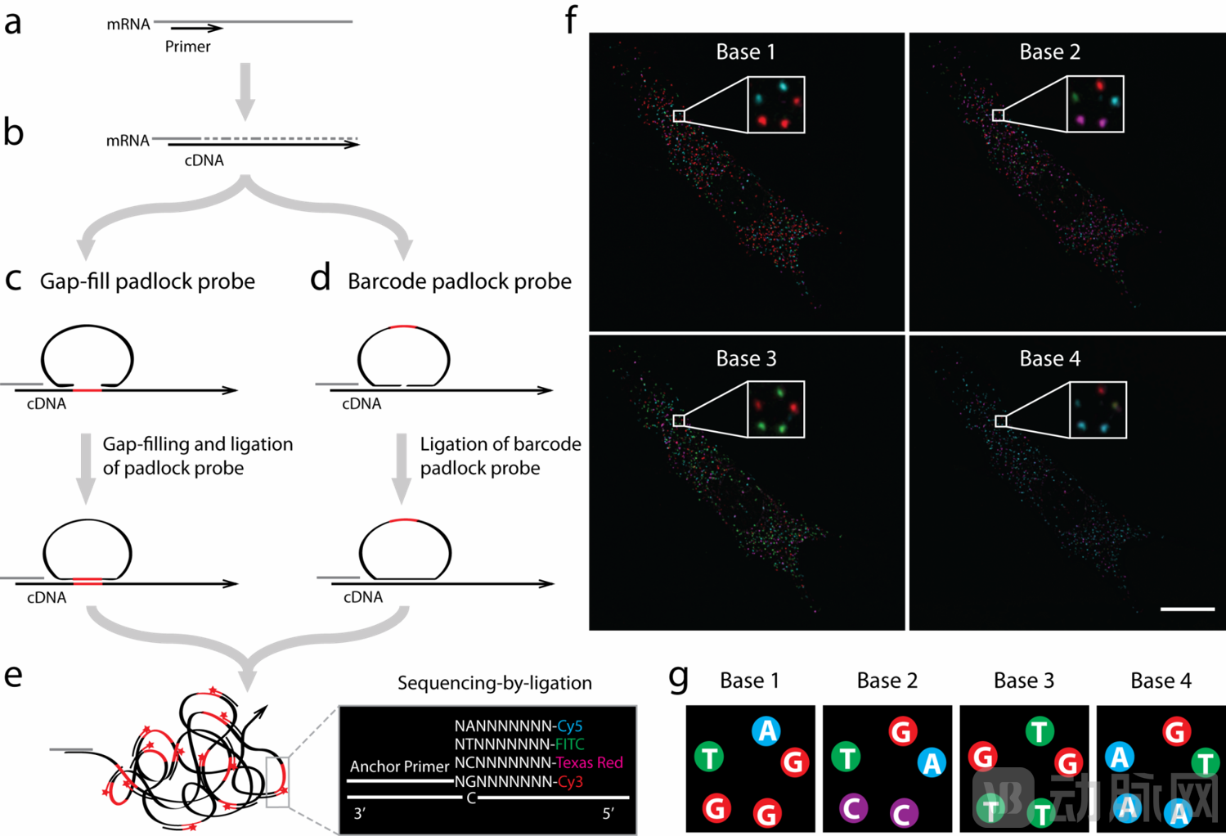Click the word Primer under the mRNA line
[x=187, y=47]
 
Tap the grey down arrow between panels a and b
[x=245, y=91]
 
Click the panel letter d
[x=320, y=279]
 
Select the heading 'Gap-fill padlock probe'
[x=147, y=281]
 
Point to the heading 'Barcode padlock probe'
[x=459, y=281]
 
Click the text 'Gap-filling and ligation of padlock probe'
[x=197, y=456]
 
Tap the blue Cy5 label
[x=569, y=726]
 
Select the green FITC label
[x=569, y=744]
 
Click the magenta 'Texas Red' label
[x=589, y=762]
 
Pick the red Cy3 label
[x=570, y=781]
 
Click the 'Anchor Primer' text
[x=399, y=766]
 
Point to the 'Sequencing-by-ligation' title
[x=494, y=683]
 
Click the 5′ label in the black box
[x=608, y=813]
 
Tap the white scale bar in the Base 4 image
[x=1187, y=609]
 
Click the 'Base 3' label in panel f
[x=746, y=358]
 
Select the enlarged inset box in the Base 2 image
[x=1095, y=104]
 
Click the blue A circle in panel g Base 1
[x=766, y=730]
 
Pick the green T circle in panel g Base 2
[x=846, y=757]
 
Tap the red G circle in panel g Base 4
[x=1176, y=731]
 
